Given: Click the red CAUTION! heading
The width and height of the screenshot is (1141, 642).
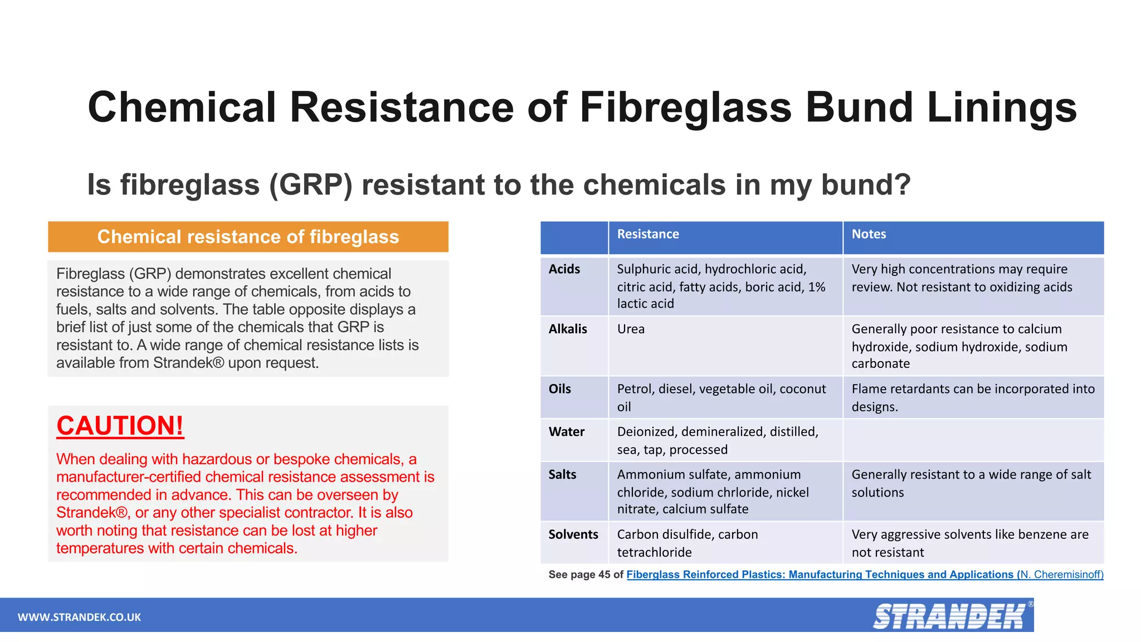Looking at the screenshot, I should point(120,426).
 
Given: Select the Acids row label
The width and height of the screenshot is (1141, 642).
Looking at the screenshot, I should point(564,269).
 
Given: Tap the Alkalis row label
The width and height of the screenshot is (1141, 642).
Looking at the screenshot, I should point(567,329).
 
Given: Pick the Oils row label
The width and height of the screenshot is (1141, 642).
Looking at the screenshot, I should point(559,389).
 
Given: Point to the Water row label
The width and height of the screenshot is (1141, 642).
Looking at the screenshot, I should point(566,432).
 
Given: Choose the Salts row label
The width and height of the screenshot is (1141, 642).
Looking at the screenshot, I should point(562,475).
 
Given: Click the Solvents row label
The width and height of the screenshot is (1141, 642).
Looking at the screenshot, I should point(573,534).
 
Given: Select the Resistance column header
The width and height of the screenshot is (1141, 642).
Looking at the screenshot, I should point(647,234).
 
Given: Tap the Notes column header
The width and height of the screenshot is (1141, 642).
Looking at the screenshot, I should point(868,234).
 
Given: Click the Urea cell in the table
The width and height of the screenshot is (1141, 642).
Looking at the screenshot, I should point(631,329).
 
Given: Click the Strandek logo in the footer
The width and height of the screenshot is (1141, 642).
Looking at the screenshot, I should point(950,616).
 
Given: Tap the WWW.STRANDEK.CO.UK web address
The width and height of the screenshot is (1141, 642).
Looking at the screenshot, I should point(79,617).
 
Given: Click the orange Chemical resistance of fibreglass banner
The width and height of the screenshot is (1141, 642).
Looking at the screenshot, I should point(248,237).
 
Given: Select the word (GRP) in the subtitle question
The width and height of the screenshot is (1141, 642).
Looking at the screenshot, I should point(311,184).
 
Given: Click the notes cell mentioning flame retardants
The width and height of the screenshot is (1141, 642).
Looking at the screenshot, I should point(973,397).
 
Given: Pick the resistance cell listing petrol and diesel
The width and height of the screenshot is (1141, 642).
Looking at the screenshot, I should point(721,397).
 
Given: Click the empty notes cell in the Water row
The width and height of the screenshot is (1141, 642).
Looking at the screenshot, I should point(973,440).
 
